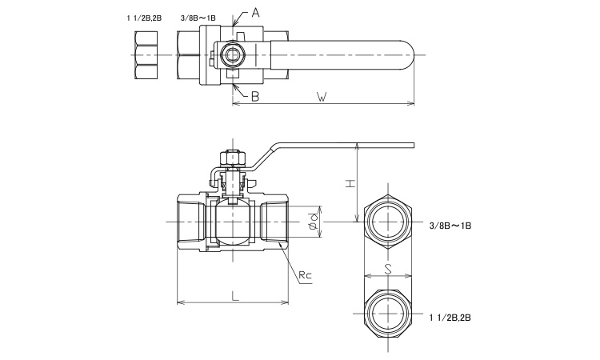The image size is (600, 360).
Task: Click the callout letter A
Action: (x=256, y=12)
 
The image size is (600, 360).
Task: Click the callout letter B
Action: (x=255, y=96)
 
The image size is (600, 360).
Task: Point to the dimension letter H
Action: (x=350, y=183)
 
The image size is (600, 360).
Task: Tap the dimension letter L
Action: (x=234, y=296)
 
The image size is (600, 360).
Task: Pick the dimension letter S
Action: (x=387, y=270)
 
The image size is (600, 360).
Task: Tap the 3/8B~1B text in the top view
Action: (x=199, y=14)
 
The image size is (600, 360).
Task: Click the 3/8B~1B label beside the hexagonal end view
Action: (x=451, y=226)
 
